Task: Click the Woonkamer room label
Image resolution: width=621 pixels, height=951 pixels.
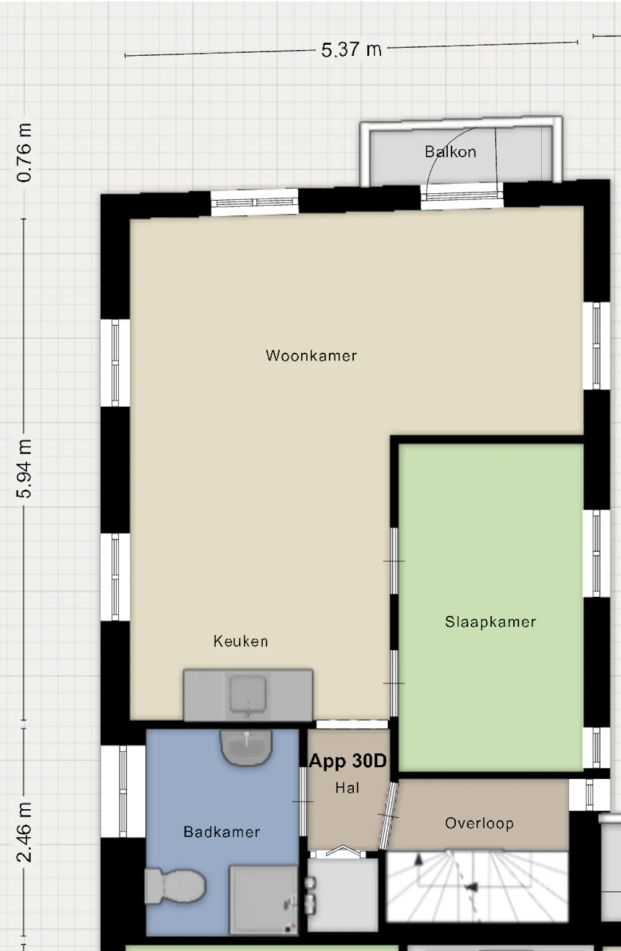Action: [311, 355]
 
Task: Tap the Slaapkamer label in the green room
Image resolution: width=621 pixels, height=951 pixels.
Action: [490, 622]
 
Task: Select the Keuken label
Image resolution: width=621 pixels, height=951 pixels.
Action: [241, 641]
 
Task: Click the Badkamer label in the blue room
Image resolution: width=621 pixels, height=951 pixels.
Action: [221, 832]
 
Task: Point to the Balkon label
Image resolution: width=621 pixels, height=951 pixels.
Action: [450, 152]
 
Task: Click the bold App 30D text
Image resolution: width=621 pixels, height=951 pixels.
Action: [348, 761]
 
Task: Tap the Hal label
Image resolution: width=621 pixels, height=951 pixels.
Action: [347, 788]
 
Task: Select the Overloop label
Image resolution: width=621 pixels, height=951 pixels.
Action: [479, 823]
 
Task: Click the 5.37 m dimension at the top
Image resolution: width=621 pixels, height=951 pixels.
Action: [351, 50]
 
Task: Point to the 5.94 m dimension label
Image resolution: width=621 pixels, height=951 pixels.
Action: [24, 469]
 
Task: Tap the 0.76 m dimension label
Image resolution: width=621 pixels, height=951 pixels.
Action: [24, 152]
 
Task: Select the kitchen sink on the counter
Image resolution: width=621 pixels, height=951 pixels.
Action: [248, 694]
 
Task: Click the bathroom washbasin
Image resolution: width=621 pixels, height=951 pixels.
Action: [246, 747]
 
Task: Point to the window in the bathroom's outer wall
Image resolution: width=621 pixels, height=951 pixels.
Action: [122, 791]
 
